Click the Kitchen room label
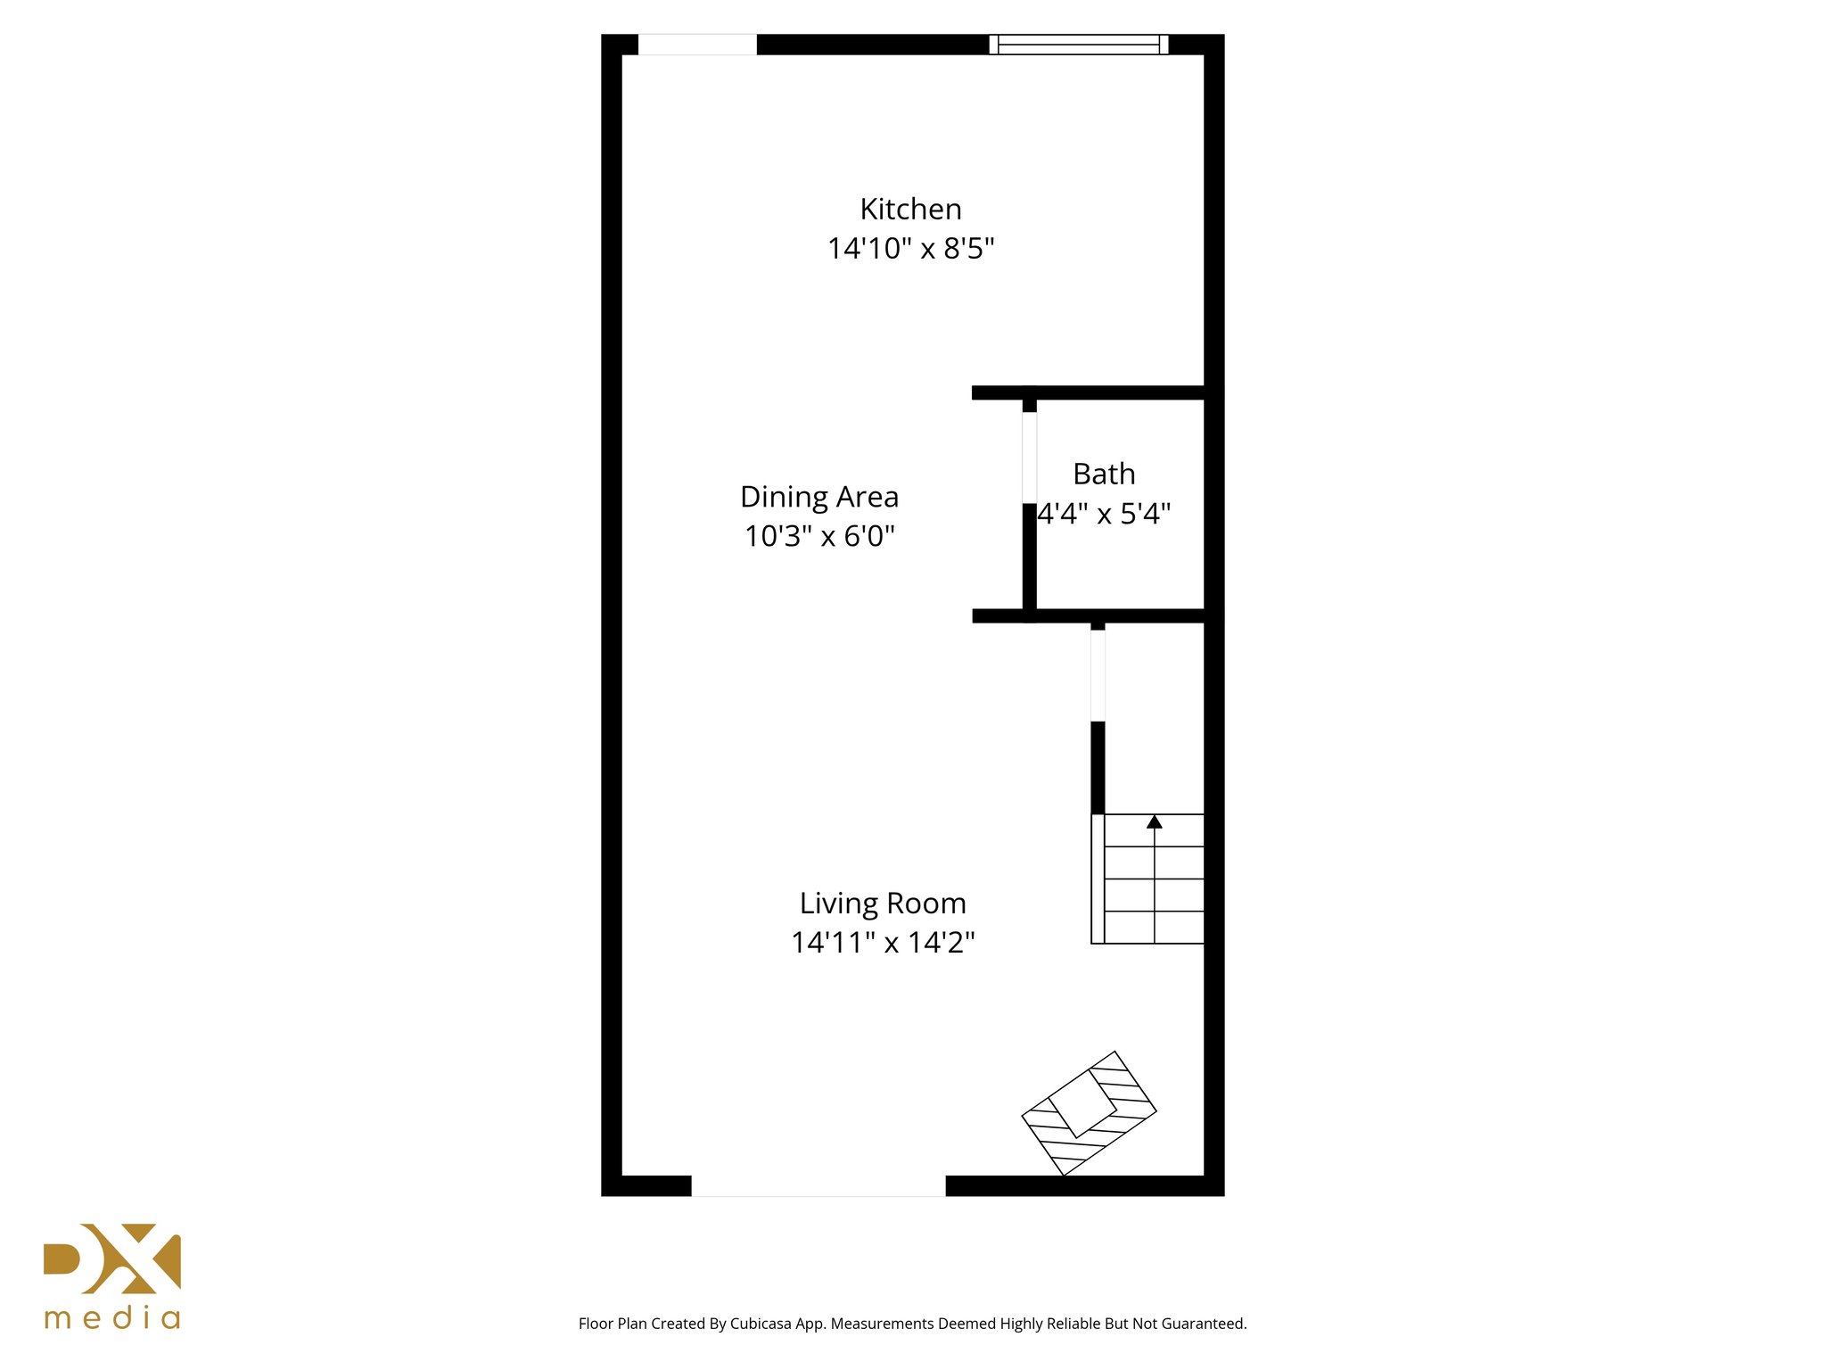coord(910,210)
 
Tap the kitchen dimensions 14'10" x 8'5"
coord(910,248)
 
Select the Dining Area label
coord(819,497)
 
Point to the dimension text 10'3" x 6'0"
coord(819,536)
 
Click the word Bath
coord(1104,475)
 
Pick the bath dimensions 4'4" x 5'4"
coord(1104,514)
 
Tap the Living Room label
coord(883,904)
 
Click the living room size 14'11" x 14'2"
coord(883,943)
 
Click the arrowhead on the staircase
coord(1155,821)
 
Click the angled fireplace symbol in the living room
coord(1089,1113)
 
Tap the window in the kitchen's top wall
coord(1078,45)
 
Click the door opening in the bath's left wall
coord(1030,458)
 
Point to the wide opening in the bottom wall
coord(818,1185)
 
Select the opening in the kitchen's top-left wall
coord(697,45)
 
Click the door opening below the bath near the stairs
coord(1098,675)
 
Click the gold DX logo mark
coord(112,1259)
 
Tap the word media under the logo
coord(112,1318)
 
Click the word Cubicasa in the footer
coord(760,1324)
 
